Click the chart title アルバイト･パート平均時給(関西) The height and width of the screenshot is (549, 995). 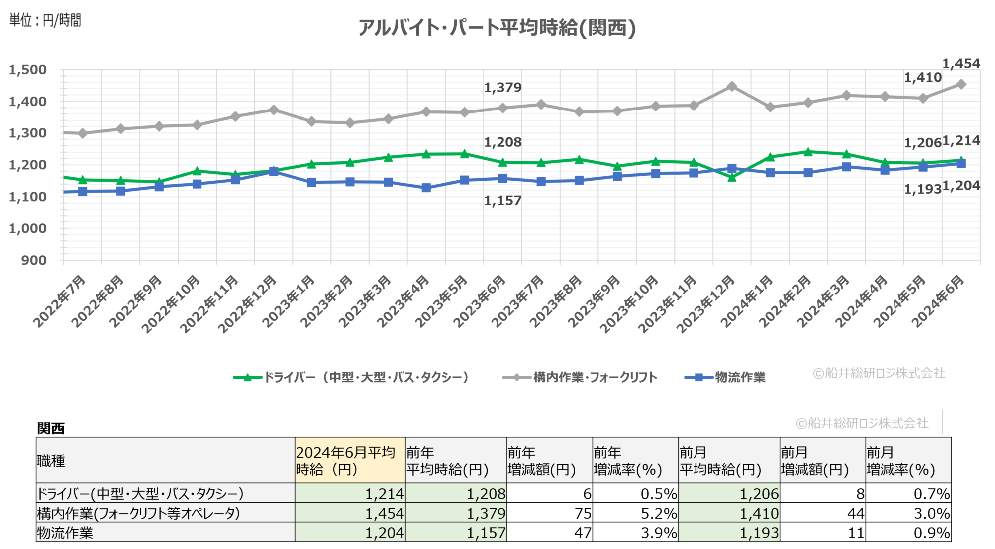point(497,28)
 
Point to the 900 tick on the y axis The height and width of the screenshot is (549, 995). point(34,260)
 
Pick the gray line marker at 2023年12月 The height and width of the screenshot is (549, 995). point(732,87)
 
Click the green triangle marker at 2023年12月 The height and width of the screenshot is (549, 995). point(732,177)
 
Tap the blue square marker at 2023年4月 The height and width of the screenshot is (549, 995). point(426,188)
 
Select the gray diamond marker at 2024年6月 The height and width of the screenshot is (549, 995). point(961,84)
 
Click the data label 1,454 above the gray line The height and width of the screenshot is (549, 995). point(961,64)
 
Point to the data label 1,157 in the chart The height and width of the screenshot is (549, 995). point(502,201)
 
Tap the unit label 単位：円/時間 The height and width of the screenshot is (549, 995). point(45,20)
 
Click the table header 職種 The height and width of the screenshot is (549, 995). point(51,461)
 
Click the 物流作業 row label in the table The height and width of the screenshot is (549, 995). point(65,533)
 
